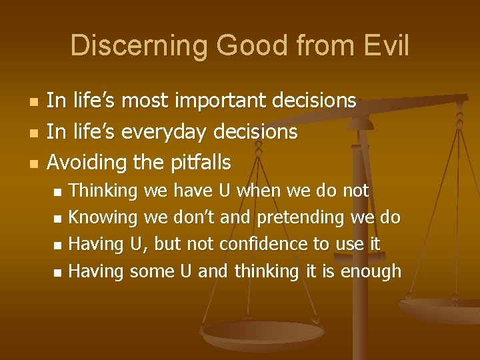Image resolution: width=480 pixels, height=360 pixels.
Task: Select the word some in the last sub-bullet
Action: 151,271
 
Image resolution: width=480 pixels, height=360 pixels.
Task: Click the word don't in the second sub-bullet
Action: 195,218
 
